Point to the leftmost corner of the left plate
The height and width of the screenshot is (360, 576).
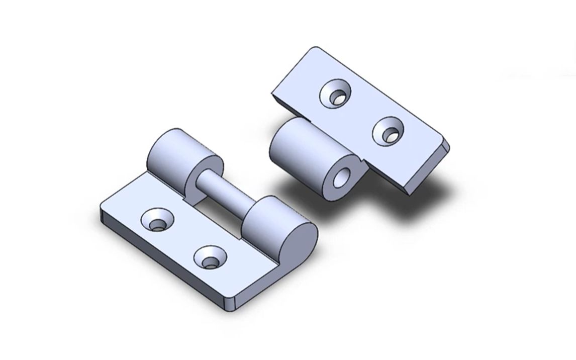[102, 209]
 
